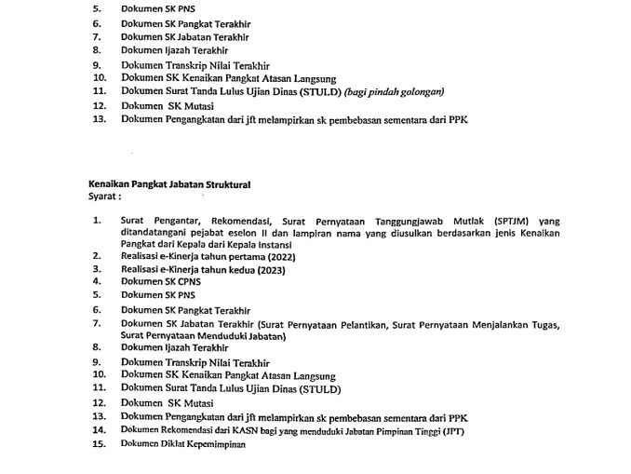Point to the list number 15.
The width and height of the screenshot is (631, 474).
[100, 447]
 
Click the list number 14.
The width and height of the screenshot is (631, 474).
[100, 432]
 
